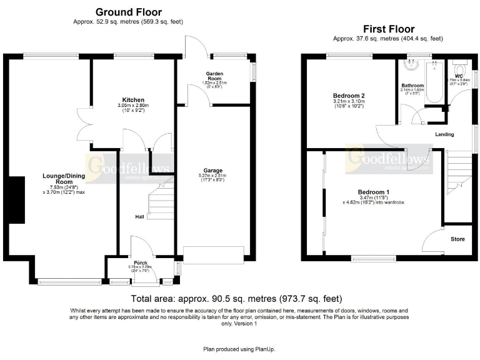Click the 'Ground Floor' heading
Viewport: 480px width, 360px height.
pos(128,12)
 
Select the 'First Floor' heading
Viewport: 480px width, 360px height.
pos(388,29)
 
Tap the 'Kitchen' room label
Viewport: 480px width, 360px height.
pos(133,100)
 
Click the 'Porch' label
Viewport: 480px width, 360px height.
pos(140,262)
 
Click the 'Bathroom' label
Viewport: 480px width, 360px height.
pos(412,85)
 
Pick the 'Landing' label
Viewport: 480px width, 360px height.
pos(444,134)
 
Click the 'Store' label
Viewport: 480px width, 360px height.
pos(457,239)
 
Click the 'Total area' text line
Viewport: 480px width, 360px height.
pos(237,299)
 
